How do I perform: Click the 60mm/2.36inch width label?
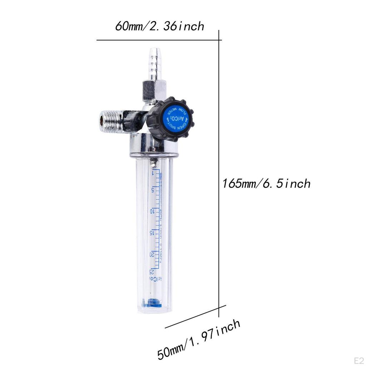[x=159, y=26]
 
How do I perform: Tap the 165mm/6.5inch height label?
[x=266, y=184]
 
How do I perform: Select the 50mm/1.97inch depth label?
[x=199, y=340]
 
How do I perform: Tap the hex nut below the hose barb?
[x=154, y=89]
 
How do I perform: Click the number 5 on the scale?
[x=153, y=189]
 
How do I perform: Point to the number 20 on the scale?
[x=153, y=254]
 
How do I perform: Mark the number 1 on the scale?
[x=153, y=173]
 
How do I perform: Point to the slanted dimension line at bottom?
[x=195, y=317]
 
